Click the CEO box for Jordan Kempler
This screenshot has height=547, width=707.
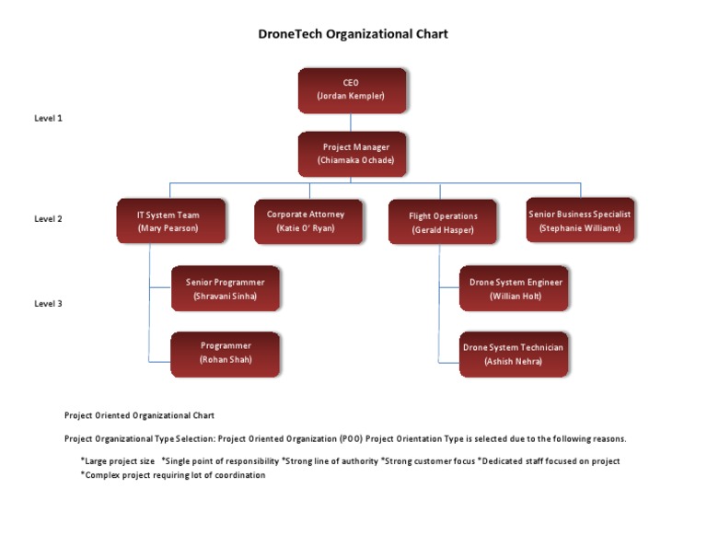coord(351,89)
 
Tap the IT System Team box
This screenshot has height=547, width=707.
coord(170,221)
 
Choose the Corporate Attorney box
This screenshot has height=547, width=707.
coord(307,221)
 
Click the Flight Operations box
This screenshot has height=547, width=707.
coord(444,222)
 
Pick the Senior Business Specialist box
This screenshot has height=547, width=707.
coord(580,220)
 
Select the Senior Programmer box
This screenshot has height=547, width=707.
coord(225,288)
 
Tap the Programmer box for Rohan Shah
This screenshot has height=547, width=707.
coord(225,354)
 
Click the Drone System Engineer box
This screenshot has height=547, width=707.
coord(514,288)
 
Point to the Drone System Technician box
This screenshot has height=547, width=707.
coord(513,355)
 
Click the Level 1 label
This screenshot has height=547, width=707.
coord(48,118)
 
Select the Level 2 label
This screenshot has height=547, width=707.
coord(48,219)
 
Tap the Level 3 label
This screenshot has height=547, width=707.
coord(48,303)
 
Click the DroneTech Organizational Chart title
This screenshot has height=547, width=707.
coord(353,34)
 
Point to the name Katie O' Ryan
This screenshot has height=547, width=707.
coord(307,228)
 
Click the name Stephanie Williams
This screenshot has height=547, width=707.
coord(580,228)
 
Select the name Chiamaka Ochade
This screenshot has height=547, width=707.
coord(355,160)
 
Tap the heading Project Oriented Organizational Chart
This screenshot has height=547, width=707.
coord(139,415)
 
